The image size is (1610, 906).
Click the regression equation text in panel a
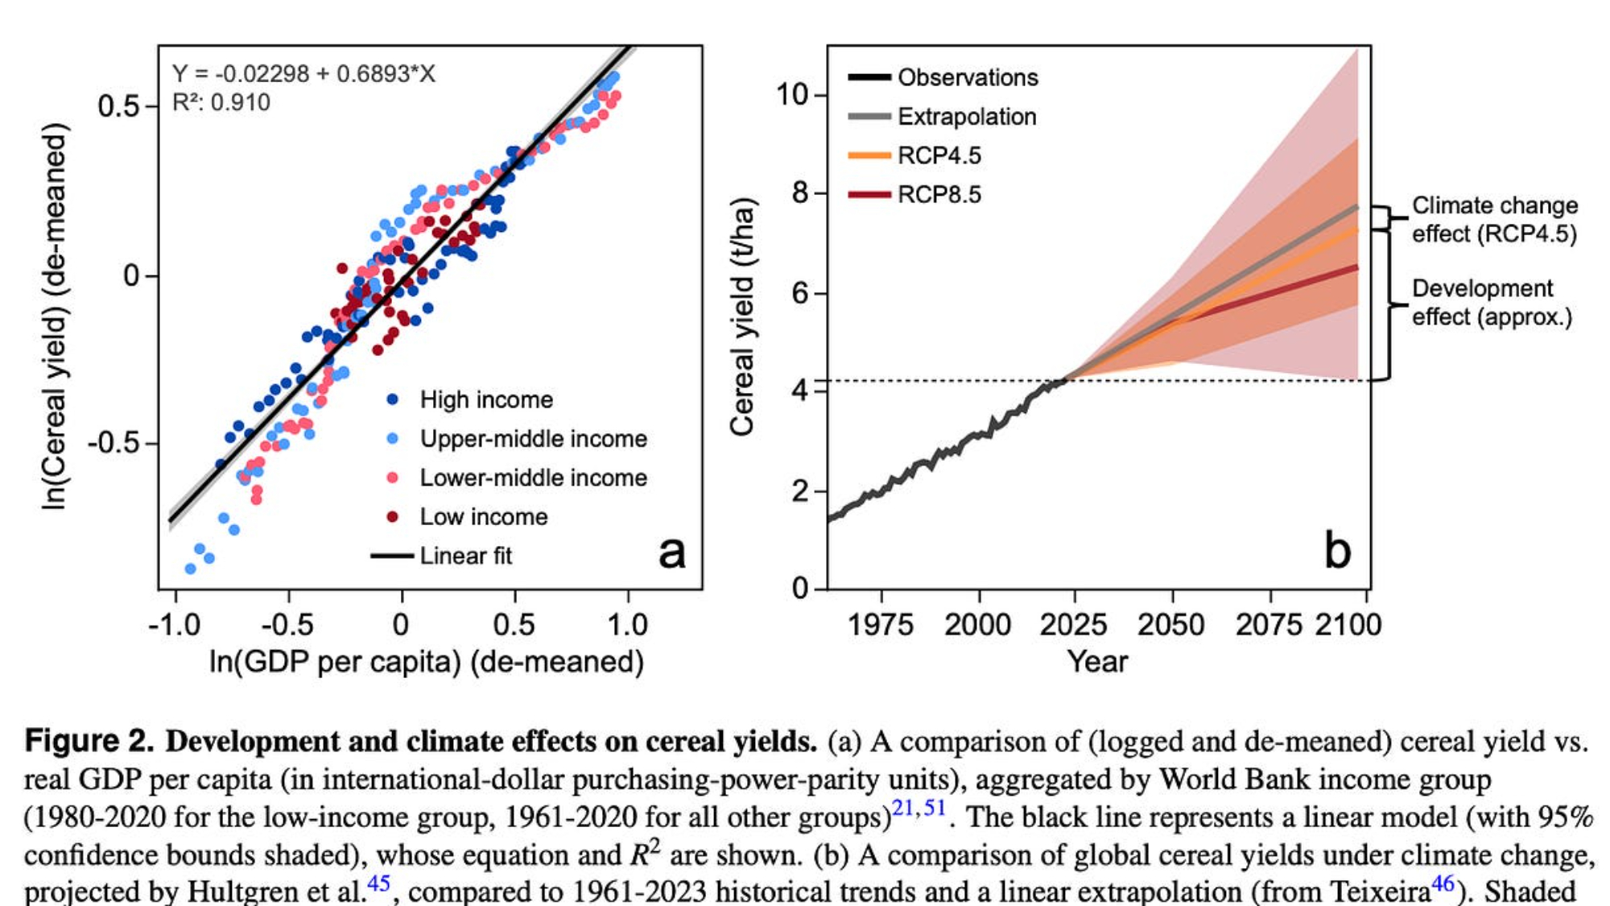[x=303, y=74]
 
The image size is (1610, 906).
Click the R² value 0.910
[x=221, y=103]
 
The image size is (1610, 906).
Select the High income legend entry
[x=485, y=399]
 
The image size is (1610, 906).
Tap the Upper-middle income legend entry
[x=533, y=439]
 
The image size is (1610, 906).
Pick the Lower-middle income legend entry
[x=533, y=478]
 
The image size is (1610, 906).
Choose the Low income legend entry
[x=483, y=517]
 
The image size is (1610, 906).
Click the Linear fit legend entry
[x=464, y=556]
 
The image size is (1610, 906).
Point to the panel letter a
[x=672, y=552]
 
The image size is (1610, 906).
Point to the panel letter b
[x=1337, y=552]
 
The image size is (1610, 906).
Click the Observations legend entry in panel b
[x=967, y=77]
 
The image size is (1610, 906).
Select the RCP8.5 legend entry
[x=939, y=195]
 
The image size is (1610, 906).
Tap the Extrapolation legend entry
[x=966, y=117]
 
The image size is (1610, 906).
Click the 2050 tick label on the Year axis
[x=1171, y=625]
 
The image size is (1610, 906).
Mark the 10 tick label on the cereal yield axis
[x=792, y=95]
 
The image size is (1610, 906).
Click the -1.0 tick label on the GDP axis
[x=175, y=625]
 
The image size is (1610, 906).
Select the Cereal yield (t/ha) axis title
[x=741, y=316]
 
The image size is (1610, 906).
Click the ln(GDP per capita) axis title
[x=427, y=662]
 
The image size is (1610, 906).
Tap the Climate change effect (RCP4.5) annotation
[x=1494, y=220]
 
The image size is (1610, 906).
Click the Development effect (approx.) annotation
[x=1492, y=303]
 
